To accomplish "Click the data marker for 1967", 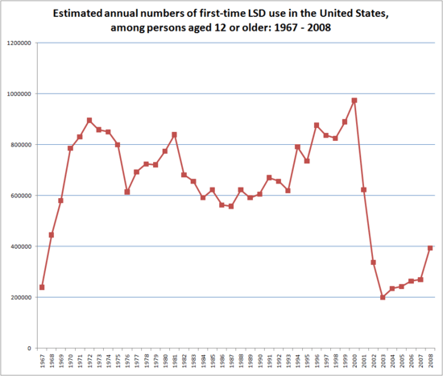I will tap(42, 287).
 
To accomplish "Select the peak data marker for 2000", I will tap(354, 101).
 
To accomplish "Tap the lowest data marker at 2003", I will tap(383, 297).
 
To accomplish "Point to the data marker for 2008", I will tap(430, 248).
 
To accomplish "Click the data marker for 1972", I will tap(89, 121).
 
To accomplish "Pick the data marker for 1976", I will tap(127, 192).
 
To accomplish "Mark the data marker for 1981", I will tap(175, 134).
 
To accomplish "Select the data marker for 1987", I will tap(231, 206).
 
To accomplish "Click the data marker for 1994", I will tap(297, 147).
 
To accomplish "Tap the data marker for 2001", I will tap(364, 190).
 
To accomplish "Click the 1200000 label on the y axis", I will tap(19, 43).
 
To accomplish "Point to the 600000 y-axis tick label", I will tap(20, 196).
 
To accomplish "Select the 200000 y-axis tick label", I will tap(20, 297).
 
